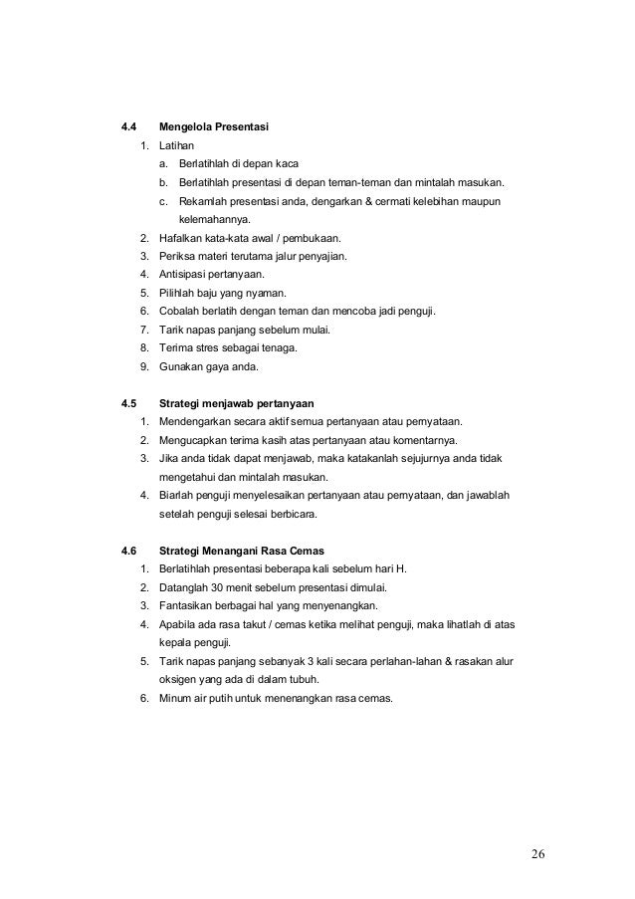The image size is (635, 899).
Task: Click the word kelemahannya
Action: coord(215,220)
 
